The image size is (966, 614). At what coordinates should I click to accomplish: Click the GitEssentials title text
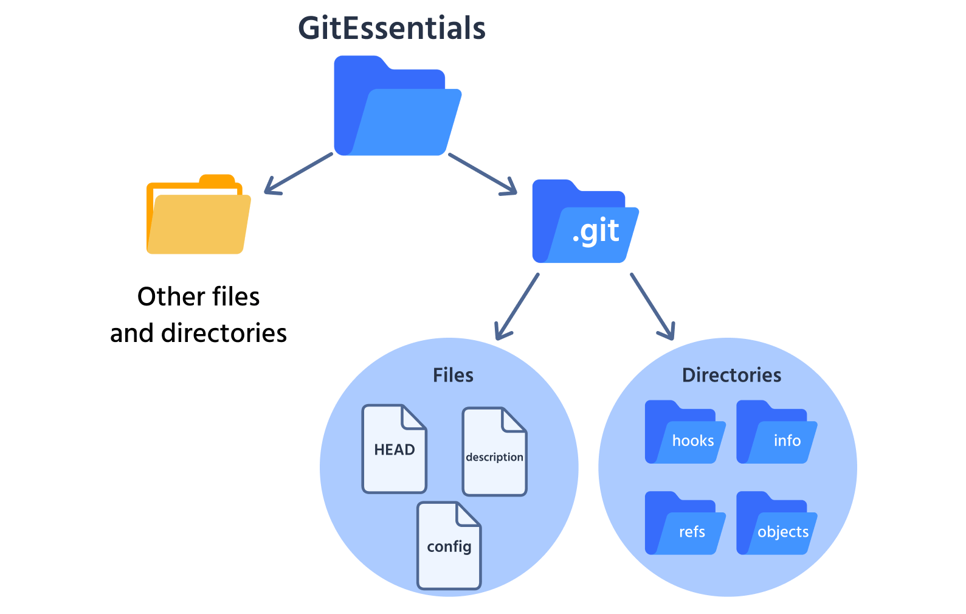coord(392,28)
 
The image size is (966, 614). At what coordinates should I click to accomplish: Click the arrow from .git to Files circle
coord(517,306)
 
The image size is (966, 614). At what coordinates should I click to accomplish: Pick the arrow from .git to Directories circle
coord(652,306)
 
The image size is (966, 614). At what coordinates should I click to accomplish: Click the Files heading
coord(453,375)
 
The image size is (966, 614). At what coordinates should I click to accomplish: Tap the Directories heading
coord(731,375)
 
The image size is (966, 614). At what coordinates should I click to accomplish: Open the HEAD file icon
coord(394,449)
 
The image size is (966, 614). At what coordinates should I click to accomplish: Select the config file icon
coord(449,546)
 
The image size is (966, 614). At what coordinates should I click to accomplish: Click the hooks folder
coord(685,433)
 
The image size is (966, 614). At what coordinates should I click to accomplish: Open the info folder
coord(776,433)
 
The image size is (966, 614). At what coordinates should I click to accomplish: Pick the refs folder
coord(685,525)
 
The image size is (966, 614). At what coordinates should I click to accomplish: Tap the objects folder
coord(776,525)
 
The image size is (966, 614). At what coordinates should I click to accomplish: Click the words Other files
coord(198,297)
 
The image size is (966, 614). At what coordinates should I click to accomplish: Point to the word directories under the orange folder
coord(224,333)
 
